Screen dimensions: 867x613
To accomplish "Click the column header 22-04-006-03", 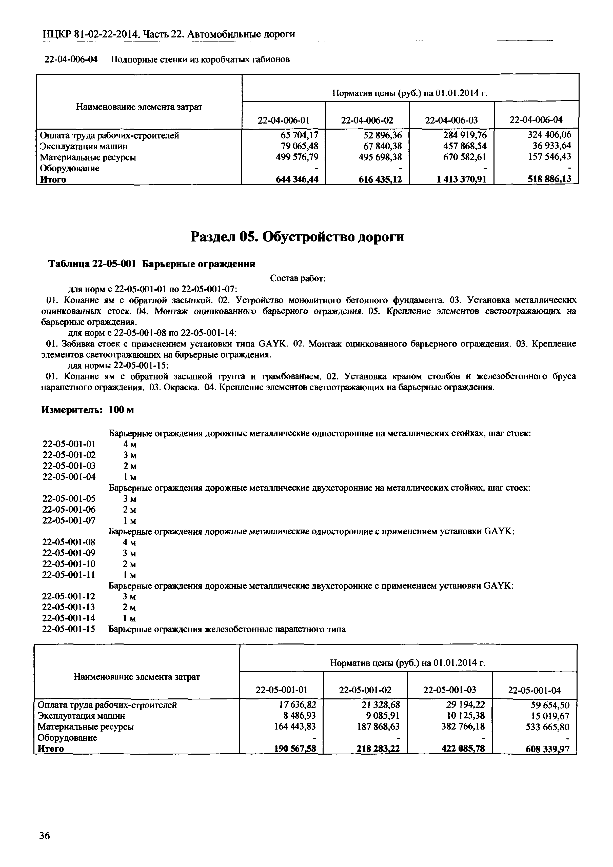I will click(x=451, y=120).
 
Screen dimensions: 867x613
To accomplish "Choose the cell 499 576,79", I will click(x=297, y=157).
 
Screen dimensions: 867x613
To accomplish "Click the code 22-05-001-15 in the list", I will click(x=69, y=630).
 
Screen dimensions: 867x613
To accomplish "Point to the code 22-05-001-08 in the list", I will click(x=69, y=542).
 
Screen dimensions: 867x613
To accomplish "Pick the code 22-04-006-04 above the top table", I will click(x=71, y=59).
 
